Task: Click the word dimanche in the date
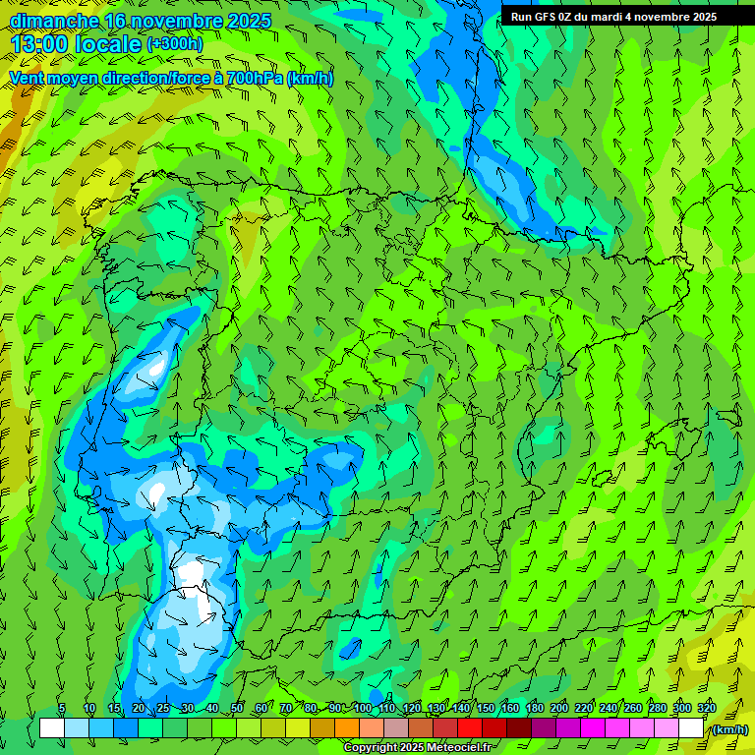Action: click(54, 21)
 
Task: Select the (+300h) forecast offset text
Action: click(174, 44)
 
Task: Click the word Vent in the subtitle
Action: click(29, 78)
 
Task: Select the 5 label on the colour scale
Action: click(63, 709)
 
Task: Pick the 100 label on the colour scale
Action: click(362, 709)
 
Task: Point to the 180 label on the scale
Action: click(534, 709)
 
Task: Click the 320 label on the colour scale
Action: click(706, 709)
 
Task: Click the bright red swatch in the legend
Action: click(470, 728)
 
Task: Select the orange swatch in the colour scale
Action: click(347, 728)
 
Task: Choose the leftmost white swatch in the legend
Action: click(52, 728)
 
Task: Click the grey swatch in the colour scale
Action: click(396, 728)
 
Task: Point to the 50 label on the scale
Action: click(237, 709)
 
